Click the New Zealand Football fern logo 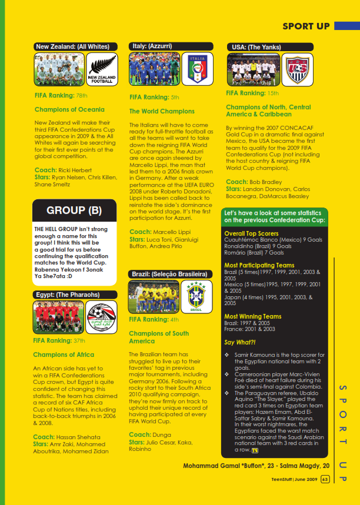click(102, 70)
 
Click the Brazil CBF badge click(196, 297)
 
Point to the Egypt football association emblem click(101, 317)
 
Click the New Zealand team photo click(59, 70)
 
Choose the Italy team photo click(154, 69)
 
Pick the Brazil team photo click(154, 297)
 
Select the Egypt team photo click(58, 317)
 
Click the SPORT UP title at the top click(306, 26)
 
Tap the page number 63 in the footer click(324, 479)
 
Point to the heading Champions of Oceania click(69, 109)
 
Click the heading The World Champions click(162, 111)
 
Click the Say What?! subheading click(240, 342)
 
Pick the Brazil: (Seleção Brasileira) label click(169, 274)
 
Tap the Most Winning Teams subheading click(253, 316)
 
